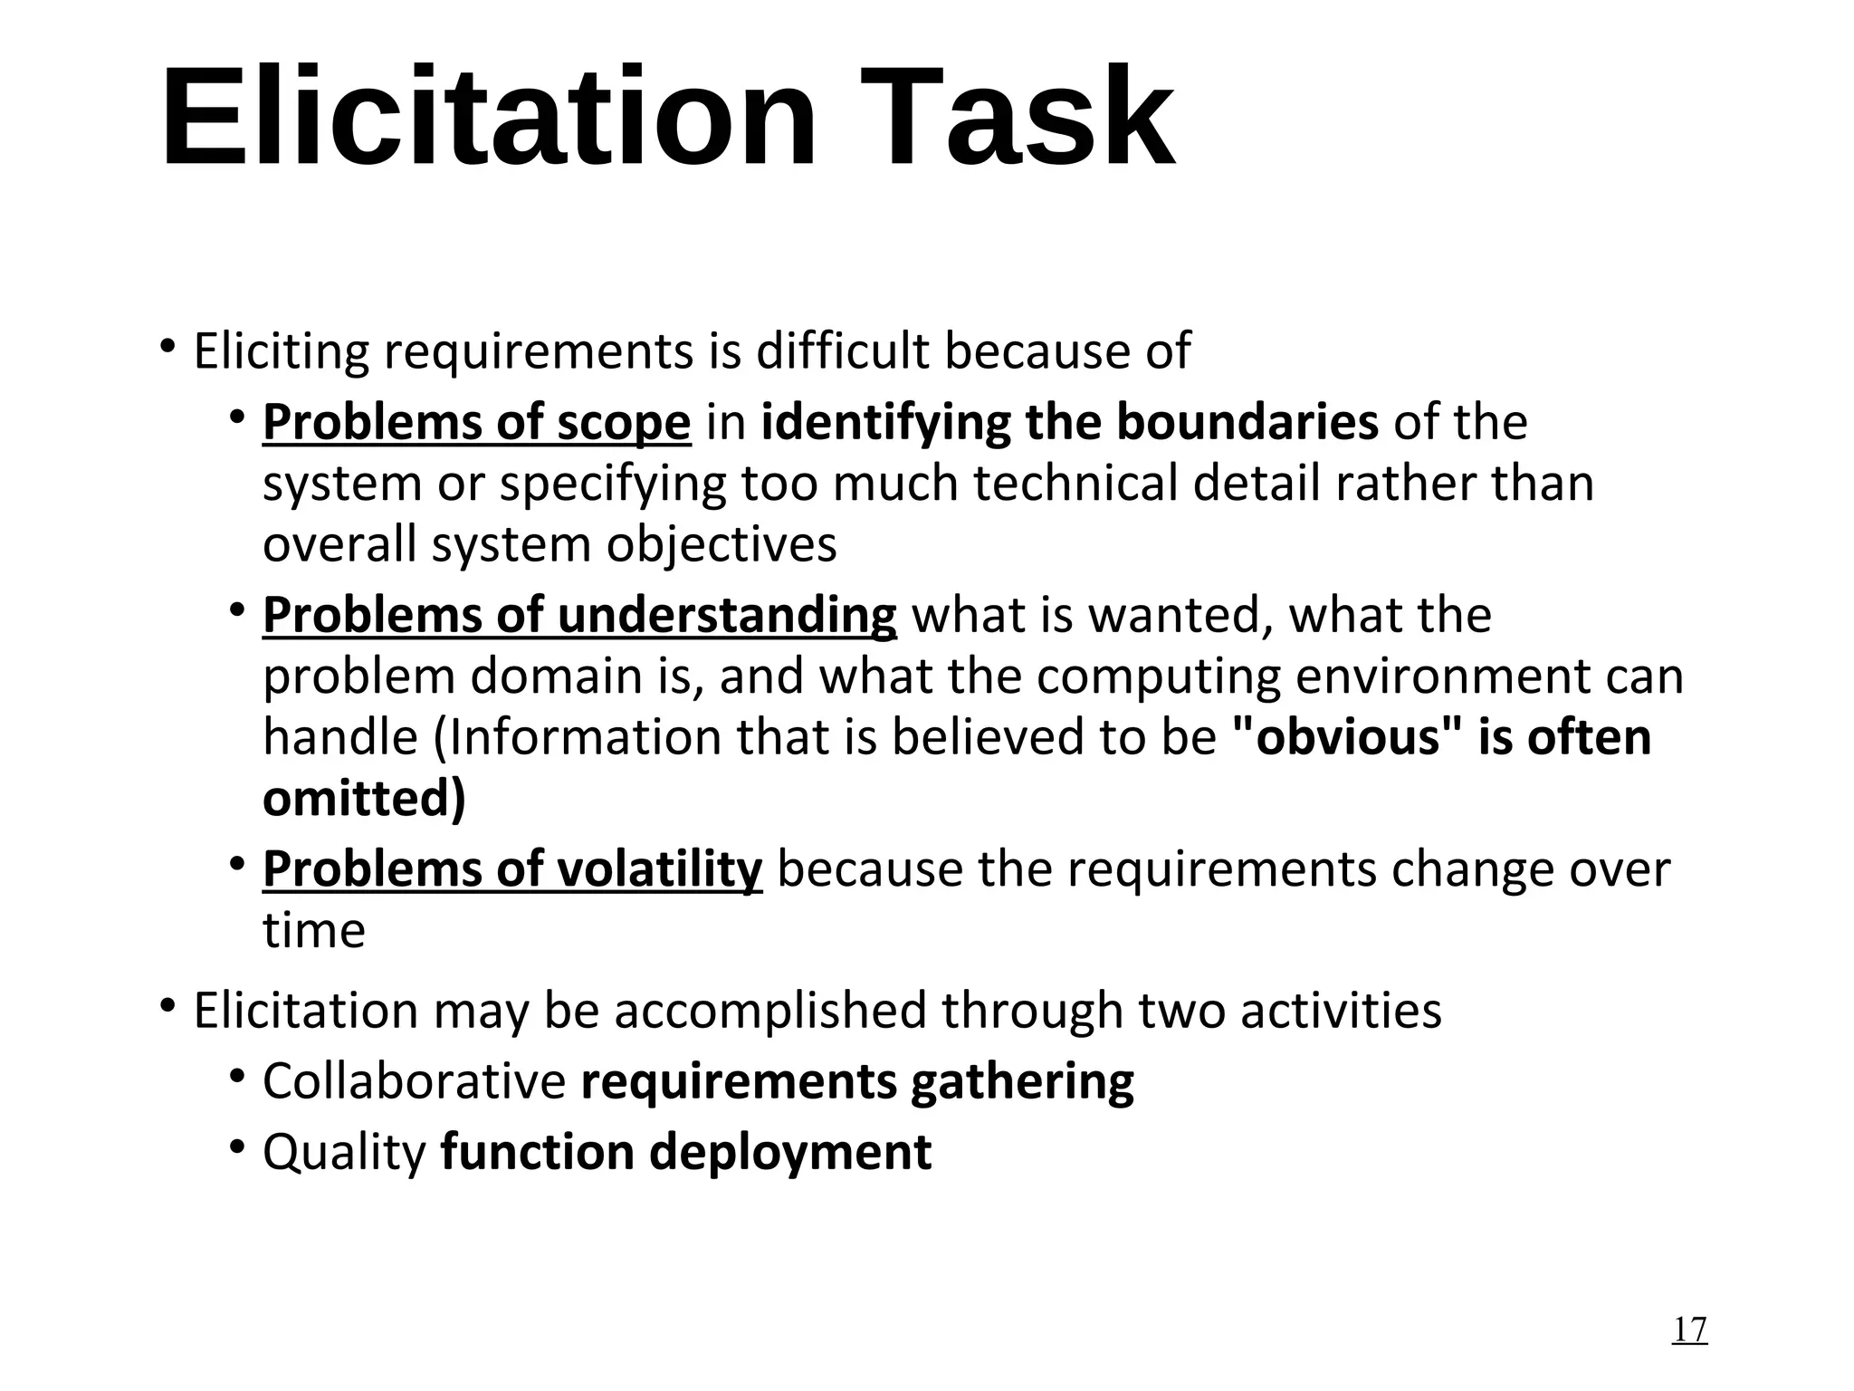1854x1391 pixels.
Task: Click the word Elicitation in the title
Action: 489,118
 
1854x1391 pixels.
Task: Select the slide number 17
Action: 1689,1329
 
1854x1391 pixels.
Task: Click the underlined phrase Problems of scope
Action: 476,423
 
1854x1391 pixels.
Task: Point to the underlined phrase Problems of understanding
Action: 579,616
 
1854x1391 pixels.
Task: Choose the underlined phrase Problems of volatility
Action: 512,869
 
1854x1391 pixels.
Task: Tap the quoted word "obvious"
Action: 1336,737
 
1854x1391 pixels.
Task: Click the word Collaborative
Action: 414,1081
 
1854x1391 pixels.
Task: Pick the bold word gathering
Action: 1022,1081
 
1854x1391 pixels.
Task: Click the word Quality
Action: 344,1152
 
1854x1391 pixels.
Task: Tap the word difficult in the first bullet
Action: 842,351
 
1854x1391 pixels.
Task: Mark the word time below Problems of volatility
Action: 314,931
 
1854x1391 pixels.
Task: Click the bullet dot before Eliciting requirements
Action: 167,347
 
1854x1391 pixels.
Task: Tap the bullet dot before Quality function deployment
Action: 237,1147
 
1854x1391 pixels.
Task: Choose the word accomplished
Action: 770,1011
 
